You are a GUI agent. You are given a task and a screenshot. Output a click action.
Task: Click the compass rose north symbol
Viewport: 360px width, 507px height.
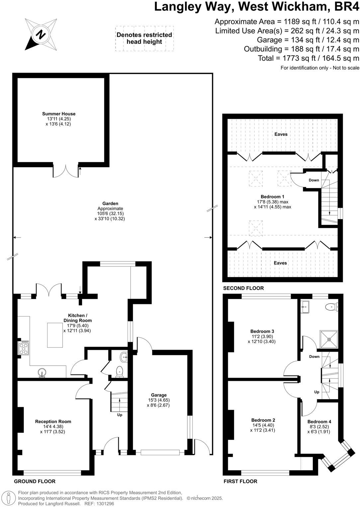[41, 34]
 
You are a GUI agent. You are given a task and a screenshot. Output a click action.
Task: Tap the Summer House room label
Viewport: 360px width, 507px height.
[59, 114]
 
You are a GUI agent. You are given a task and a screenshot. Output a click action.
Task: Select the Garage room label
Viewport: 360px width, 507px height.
[159, 395]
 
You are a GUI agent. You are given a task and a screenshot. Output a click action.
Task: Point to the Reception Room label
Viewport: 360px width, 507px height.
[53, 421]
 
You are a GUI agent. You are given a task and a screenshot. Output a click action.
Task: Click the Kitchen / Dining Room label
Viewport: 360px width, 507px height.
[78, 318]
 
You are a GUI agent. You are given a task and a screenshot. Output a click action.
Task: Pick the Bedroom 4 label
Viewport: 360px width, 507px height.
[319, 421]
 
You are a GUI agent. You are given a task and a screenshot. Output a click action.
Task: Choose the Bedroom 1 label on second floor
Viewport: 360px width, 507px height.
[272, 196]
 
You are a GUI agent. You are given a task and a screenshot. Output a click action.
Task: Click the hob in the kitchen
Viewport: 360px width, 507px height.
[24, 348]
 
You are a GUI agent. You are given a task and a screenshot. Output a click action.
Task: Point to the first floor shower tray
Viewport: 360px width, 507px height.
[328, 339]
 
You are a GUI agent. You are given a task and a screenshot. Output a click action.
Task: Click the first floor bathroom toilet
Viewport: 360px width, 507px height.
[331, 307]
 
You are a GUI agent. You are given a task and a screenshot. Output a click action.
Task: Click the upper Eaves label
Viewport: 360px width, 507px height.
[281, 134]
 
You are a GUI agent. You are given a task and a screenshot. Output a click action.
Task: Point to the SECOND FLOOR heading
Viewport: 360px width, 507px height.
[243, 288]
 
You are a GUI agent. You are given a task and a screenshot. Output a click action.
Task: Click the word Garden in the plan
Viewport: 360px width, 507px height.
[110, 203]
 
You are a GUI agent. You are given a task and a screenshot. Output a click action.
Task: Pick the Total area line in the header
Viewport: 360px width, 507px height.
[309, 58]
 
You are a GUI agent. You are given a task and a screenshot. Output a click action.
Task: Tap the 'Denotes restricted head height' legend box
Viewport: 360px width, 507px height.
[144, 38]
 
